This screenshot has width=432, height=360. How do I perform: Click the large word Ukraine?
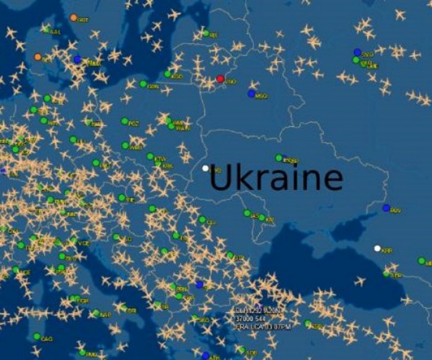276,178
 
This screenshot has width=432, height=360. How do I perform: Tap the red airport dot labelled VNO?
220,79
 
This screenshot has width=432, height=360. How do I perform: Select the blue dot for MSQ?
251,94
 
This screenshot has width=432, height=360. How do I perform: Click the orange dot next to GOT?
73,18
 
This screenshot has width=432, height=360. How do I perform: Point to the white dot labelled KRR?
377,248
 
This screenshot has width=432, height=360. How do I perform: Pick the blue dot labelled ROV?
386,208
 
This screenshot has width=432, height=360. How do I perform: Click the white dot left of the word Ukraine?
206,168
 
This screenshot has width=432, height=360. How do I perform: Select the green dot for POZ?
125,122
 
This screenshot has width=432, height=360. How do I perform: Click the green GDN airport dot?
143,84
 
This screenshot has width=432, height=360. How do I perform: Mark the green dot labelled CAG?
37,337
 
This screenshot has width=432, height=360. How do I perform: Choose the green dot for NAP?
96,313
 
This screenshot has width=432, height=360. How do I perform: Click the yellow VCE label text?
83,243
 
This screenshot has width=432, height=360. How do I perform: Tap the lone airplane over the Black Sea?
359,282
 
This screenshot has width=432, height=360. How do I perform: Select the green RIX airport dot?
206,33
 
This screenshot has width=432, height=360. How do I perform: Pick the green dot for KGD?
168,74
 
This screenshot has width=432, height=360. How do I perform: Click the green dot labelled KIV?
262,217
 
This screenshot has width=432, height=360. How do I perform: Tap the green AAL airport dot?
46,29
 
